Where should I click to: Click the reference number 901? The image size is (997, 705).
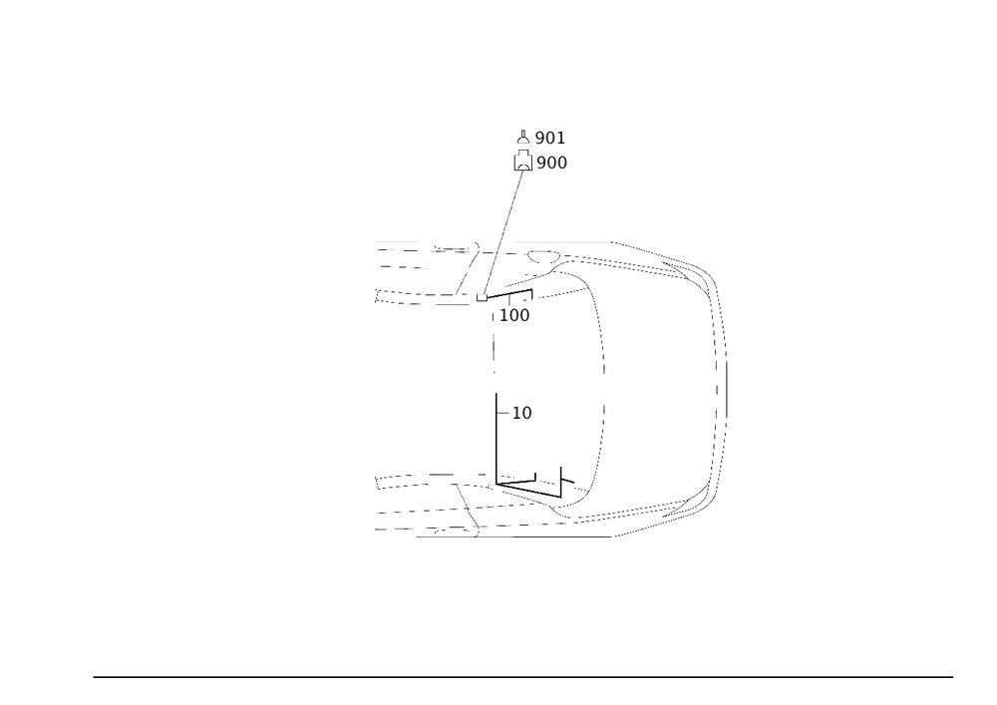[550, 137]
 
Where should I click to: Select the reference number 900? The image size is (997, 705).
[552, 162]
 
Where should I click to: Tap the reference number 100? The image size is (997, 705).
[515, 315]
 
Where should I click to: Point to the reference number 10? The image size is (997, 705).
[522, 412]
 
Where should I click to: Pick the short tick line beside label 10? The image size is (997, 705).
[503, 412]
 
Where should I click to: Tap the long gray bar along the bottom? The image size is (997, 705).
[463, 537]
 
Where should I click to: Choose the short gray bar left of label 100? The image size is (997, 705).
[453, 304]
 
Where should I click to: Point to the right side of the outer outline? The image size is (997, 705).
[720, 399]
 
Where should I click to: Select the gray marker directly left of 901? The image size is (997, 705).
[522, 144]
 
